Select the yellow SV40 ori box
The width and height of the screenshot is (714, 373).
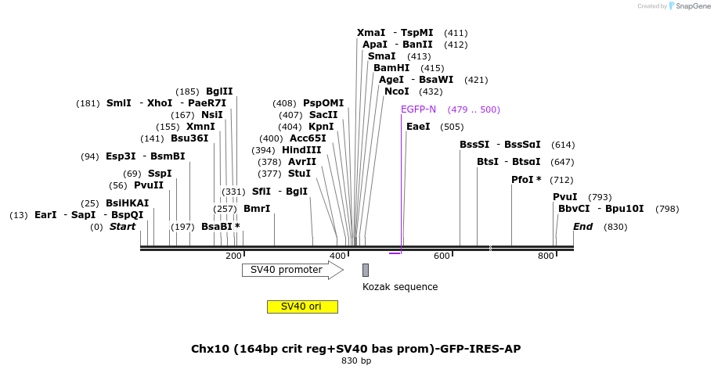coord(302,307)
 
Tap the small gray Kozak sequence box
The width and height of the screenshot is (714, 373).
coord(365,270)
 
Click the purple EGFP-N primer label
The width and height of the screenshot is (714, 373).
coord(418,109)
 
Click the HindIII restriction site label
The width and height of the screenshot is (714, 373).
coord(301,150)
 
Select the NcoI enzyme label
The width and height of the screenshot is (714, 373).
coord(397,91)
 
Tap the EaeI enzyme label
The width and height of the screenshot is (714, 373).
coord(418,127)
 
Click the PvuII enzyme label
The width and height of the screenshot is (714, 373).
coord(149,185)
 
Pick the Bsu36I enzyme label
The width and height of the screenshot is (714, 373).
coord(189,138)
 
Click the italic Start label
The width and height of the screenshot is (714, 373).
coord(122,227)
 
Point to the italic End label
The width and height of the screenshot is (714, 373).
coord(582,227)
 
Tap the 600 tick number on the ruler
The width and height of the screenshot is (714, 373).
coord(442,256)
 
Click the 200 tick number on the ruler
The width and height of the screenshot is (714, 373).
coord(233,256)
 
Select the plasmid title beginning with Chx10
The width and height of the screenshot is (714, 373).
coord(356,349)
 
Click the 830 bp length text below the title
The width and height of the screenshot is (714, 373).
coord(356,361)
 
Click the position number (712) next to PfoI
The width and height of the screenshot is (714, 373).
coord(561,180)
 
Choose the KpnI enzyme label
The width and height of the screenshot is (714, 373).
coord(321,127)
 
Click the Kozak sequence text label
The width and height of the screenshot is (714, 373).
coord(400,287)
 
